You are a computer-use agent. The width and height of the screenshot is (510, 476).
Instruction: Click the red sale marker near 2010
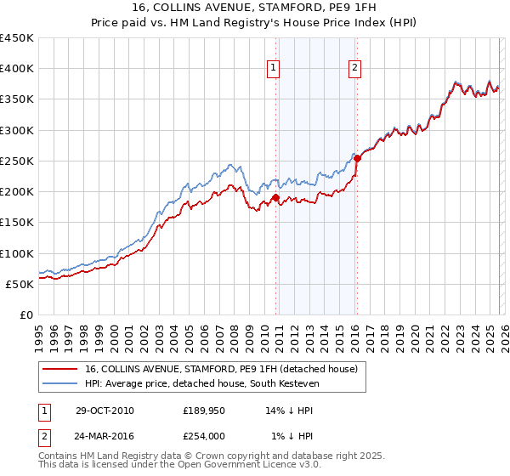click(x=276, y=198)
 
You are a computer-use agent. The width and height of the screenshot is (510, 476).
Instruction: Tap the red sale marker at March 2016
click(x=358, y=158)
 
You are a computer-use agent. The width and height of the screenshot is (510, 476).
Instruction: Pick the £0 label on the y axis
click(x=25, y=314)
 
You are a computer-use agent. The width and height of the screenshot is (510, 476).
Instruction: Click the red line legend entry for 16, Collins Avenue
click(x=224, y=369)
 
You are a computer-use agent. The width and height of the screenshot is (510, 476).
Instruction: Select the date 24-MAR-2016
click(x=105, y=436)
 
